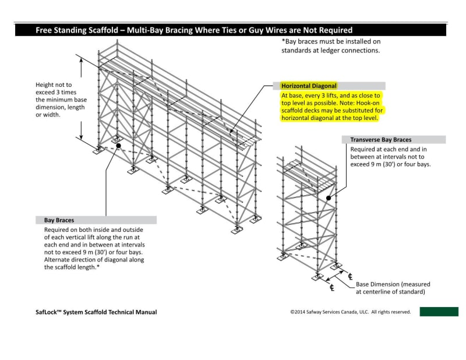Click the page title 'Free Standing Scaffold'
click(78, 30)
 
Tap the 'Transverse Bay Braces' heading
click(380, 140)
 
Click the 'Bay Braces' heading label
click(59, 220)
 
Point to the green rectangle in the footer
click(439, 312)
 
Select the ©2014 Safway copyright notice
click(350, 312)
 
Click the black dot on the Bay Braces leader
click(118, 146)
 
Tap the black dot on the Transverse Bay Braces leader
click(329, 198)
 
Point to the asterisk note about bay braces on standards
click(330, 46)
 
